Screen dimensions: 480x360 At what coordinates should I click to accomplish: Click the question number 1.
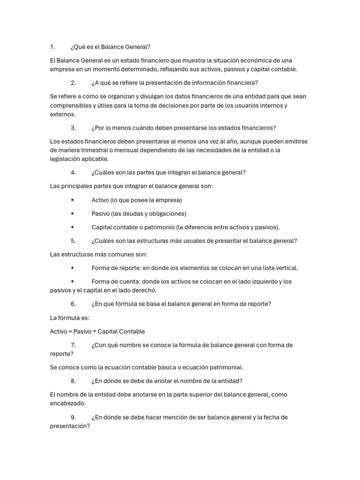(52, 47)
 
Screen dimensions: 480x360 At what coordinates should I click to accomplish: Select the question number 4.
(73, 172)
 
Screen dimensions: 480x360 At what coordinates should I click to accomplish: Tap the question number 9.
(73, 417)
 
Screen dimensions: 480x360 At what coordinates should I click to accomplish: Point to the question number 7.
(73, 345)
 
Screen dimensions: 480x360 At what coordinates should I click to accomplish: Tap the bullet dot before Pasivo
(72, 214)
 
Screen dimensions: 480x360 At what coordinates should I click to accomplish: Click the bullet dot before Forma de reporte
(72, 268)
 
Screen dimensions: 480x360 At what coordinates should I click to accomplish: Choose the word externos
(62, 114)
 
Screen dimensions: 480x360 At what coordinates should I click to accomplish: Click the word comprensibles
(72, 105)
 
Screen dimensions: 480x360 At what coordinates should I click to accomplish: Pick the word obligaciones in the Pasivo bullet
(166, 214)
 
